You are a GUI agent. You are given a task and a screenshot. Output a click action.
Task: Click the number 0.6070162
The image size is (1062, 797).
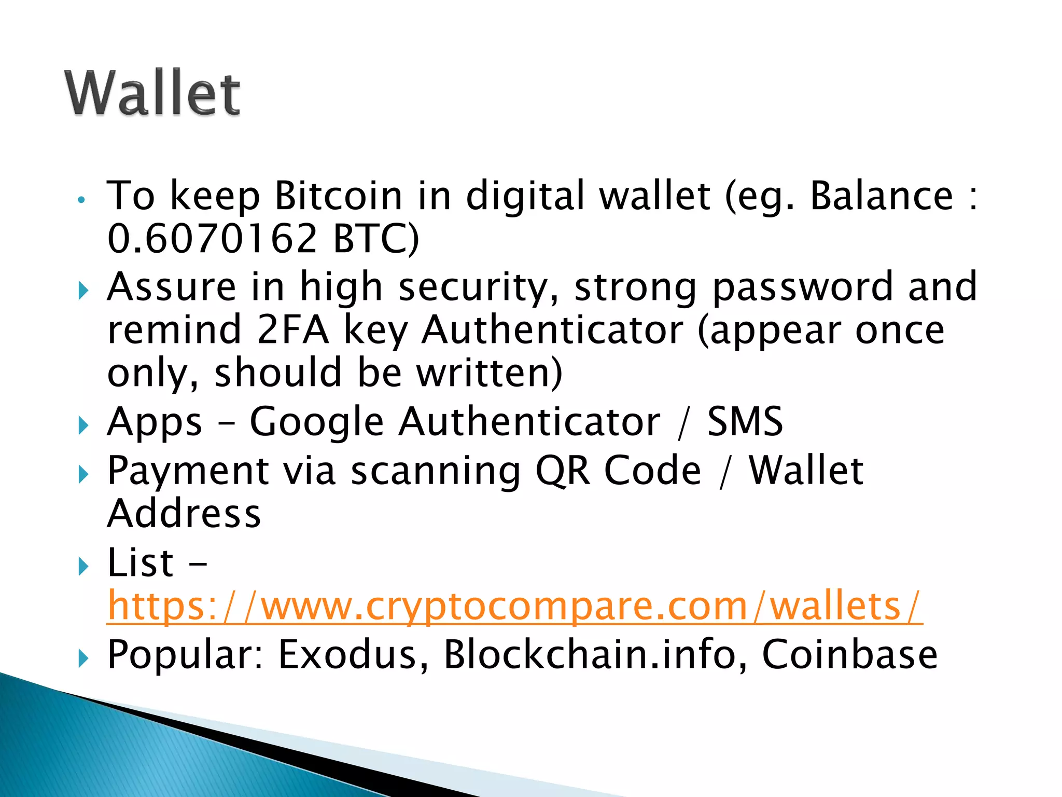coord(212,238)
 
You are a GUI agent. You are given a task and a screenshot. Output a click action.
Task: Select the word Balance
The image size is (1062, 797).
coord(881,196)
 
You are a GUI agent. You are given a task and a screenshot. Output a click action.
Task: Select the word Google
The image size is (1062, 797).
coord(316,421)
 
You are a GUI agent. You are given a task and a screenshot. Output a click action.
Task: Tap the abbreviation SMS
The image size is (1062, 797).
coord(745,421)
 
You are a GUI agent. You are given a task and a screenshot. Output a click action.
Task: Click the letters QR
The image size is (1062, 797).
coord(562,470)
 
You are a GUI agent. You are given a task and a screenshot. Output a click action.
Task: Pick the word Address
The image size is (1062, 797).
coord(184,514)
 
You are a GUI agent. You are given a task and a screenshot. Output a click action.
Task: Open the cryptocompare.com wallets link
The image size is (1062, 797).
coord(514,606)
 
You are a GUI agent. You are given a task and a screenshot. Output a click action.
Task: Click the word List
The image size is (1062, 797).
coord(140,562)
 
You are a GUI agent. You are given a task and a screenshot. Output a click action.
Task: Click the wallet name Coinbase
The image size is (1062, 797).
coord(849,654)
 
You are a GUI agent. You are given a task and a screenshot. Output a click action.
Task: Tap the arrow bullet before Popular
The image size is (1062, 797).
coord(83,658)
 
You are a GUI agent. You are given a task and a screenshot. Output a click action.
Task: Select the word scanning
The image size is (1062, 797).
coord(436,470)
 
